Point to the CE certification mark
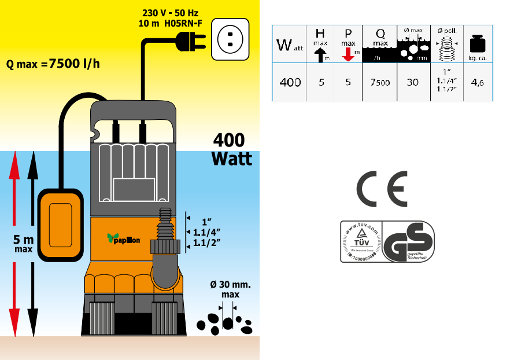tap(382, 189)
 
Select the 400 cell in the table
tap(290, 82)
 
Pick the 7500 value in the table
tap(380, 82)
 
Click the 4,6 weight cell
tap(478, 82)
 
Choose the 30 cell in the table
tap(412, 82)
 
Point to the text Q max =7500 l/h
tap(53, 64)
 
